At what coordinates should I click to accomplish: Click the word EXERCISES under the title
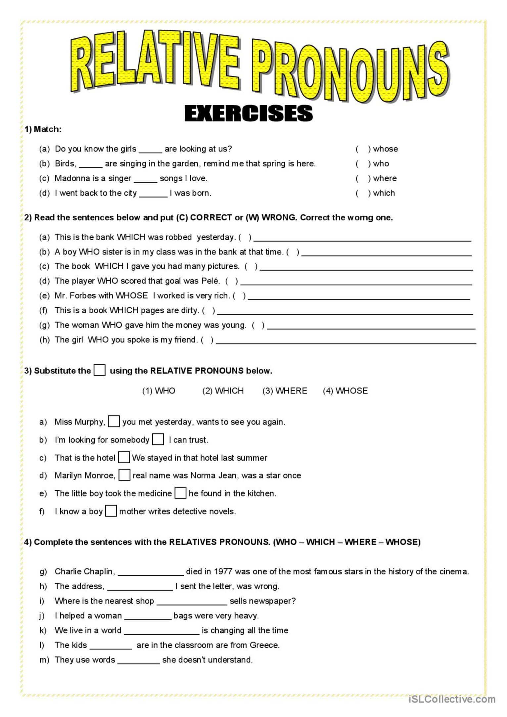[248, 113]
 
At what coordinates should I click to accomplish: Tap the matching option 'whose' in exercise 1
[385, 149]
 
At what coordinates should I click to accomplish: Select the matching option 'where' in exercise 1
[385, 178]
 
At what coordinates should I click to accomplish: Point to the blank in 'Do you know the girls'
[150, 150]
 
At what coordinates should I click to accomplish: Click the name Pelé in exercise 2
[210, 281]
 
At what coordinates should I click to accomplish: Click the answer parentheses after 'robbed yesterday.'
[245, 237]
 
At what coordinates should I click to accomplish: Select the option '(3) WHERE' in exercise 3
[285, 391]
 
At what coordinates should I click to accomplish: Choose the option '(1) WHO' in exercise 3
[159, 391]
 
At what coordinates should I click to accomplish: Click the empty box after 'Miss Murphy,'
[114, 422]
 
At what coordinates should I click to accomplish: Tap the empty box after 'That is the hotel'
[124, 457]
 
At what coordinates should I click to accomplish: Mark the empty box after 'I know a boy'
[111, 511]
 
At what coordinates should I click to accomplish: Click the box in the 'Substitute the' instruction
[99, 370]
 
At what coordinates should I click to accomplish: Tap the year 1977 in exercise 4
[223, 571]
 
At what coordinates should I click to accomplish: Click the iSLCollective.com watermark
[451, 699]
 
